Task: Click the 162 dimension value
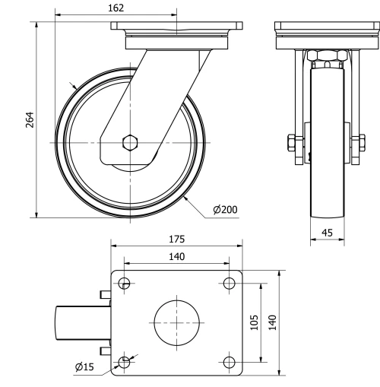click(x=116, y=8)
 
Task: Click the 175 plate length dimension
click(x=176, y=239)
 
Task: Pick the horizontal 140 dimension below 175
click(x=176, y=257)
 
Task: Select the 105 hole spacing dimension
click(x=256, y=322)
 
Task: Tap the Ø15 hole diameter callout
click(x=84, y=367)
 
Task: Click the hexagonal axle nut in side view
click(x=130, y=142)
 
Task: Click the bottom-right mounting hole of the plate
click(x=229, y=361)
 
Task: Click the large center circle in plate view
click(x=177, y=322)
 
